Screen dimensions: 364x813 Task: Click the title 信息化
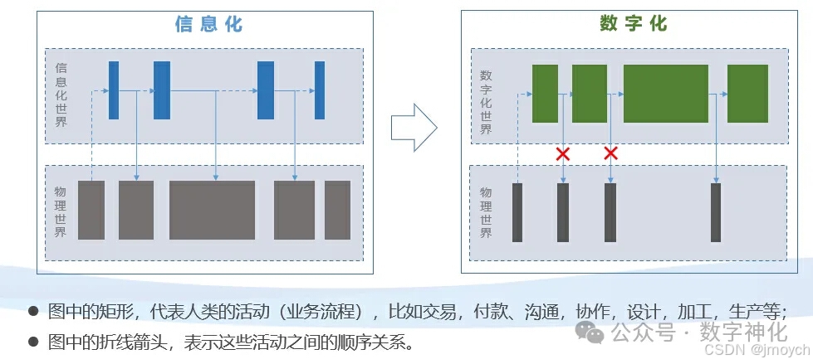coord(208,23)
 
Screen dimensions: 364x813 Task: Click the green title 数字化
coord(633,23)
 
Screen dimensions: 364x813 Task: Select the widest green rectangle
coord(665,93)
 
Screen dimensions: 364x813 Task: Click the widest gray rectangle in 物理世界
coord(212,210)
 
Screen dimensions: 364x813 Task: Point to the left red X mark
coord(563,153)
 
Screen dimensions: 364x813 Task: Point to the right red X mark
coord(611,153)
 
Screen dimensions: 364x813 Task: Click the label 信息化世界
coord(61,95)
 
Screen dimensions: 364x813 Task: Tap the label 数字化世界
coord(486,102)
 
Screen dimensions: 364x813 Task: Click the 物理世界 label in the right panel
coord(486,212)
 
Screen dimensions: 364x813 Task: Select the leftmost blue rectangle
coord(114,90)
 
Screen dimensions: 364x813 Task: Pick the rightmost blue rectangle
coord(320,90)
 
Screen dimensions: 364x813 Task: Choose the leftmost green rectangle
coord(545,93)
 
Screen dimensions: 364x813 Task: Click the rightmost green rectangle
coord(747,93)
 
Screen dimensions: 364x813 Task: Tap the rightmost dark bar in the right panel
coord(716,212)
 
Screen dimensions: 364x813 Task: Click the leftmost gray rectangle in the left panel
coord(91,210)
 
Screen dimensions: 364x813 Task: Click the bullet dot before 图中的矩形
coord(33,312)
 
